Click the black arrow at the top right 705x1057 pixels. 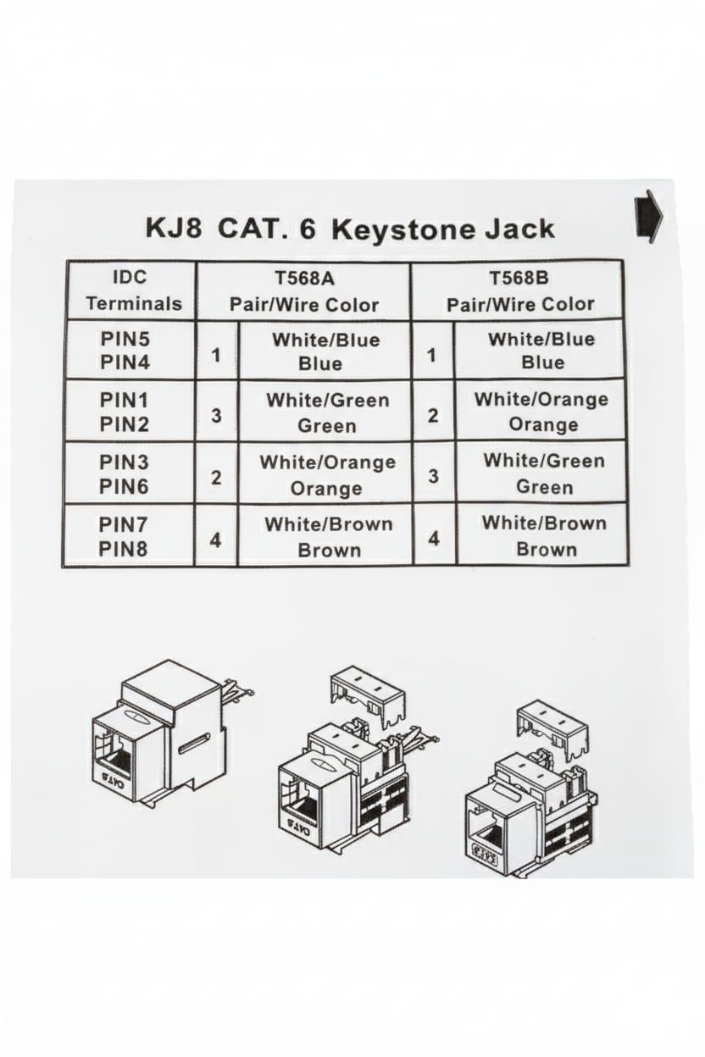648,217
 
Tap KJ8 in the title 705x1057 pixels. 173,229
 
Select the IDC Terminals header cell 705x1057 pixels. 131,290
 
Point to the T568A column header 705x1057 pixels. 303,290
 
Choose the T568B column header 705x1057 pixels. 519,290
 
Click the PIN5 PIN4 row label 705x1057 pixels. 125,350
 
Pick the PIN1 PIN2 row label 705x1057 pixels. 125,412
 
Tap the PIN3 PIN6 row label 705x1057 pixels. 125,473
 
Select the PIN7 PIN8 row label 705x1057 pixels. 125,536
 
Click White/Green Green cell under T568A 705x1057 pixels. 326,412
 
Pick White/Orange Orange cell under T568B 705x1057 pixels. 541,411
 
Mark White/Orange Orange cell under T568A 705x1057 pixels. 326,474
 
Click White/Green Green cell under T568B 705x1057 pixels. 543,473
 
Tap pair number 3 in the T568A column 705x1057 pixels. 217,416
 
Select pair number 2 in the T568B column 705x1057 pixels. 433,415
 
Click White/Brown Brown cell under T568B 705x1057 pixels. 545,535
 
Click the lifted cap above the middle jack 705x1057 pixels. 368,695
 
